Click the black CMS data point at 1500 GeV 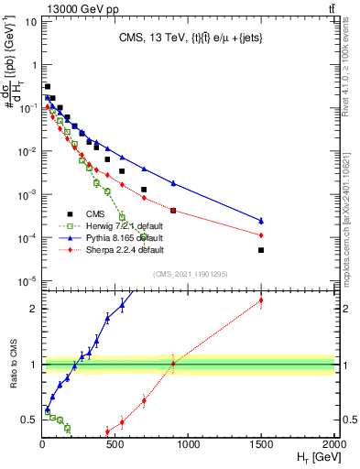(x=261, y=250)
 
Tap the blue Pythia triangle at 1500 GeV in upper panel (x=261, y=221)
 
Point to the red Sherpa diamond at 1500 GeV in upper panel (x=261, y=234)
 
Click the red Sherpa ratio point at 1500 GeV (x=261, y=300)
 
